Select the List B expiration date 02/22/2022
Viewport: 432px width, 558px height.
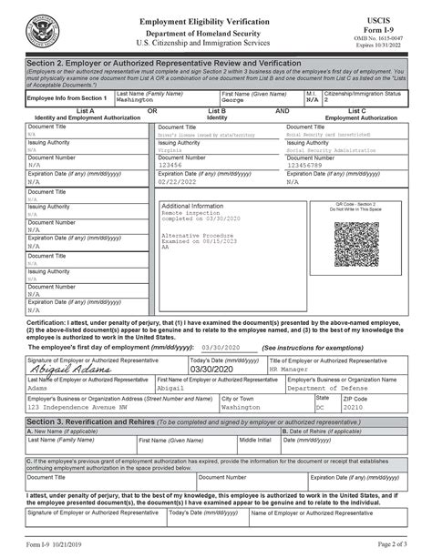pos(180,181)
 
